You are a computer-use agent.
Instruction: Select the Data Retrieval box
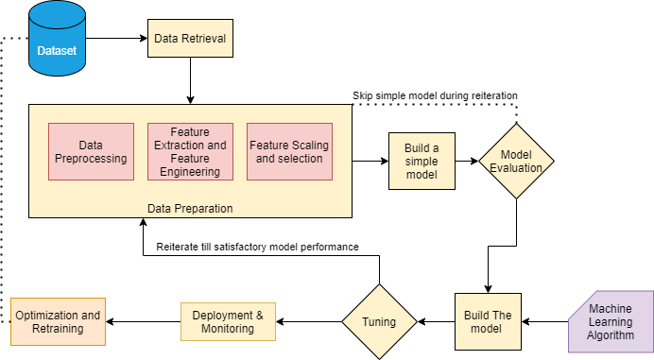pos(190,39)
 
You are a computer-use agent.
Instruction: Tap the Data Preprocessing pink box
pos(91,151)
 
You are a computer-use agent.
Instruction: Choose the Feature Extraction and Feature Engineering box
pos(190,151)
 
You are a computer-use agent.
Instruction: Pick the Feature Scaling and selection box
pos(289,151)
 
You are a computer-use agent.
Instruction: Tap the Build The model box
pos(487,321)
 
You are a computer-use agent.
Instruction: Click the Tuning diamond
pos(380,321)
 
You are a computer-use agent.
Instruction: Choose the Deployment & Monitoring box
pos(228,321)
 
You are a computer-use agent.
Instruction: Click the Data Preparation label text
pos(190,208)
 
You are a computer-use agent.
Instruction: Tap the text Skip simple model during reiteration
pos(435,95)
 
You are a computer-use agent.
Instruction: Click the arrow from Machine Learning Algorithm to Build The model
pos(545,321)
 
